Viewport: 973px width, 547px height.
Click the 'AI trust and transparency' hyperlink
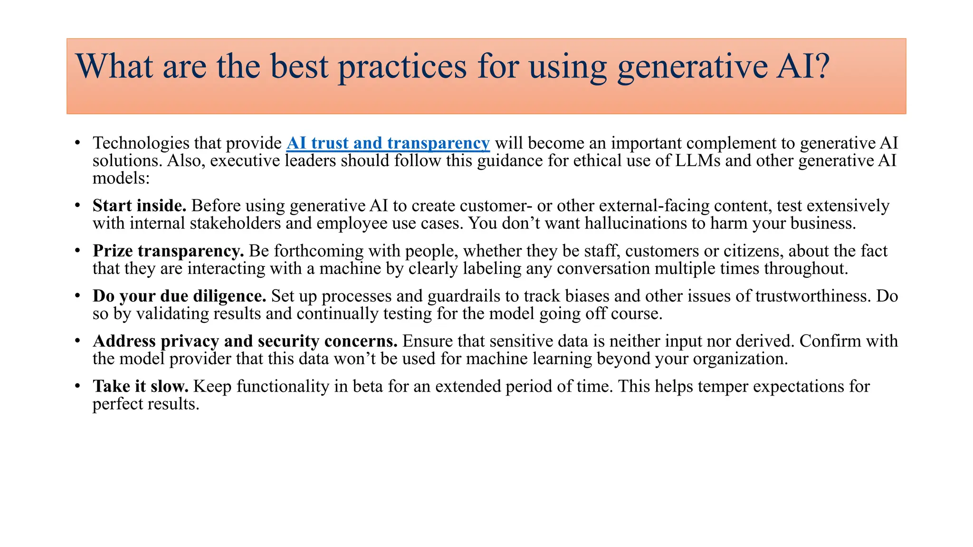[388, 143]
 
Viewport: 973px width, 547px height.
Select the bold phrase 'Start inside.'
[139, 206]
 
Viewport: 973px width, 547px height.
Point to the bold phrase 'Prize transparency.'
[168, 251]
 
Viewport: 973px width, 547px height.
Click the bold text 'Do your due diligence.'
[179, 296]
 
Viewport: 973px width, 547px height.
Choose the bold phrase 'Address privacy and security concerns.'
[245, 341]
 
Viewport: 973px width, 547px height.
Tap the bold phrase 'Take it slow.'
[141, 386]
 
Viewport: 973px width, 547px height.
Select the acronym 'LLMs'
[697, 160]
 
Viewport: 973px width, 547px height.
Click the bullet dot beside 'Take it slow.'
[77, 386]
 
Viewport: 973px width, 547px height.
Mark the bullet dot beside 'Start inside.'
[77, 206]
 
